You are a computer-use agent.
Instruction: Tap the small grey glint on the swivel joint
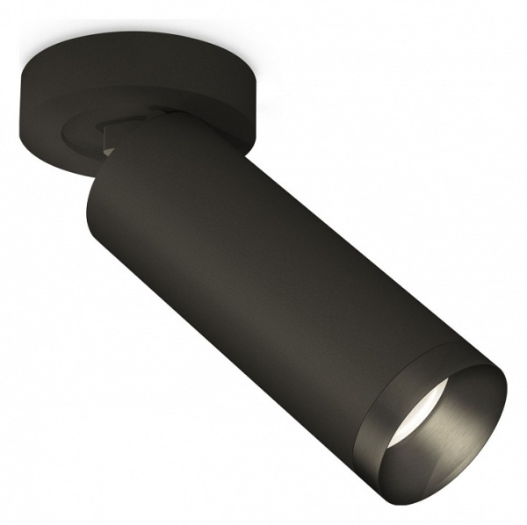click(108, 151)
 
